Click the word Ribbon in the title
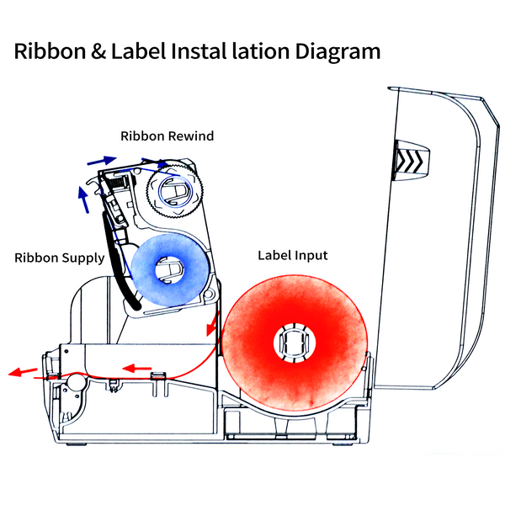tap(47, 51)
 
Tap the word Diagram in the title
tap(338, 51)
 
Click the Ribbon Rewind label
tap(167, 136)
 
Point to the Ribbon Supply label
tap(59, 258)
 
